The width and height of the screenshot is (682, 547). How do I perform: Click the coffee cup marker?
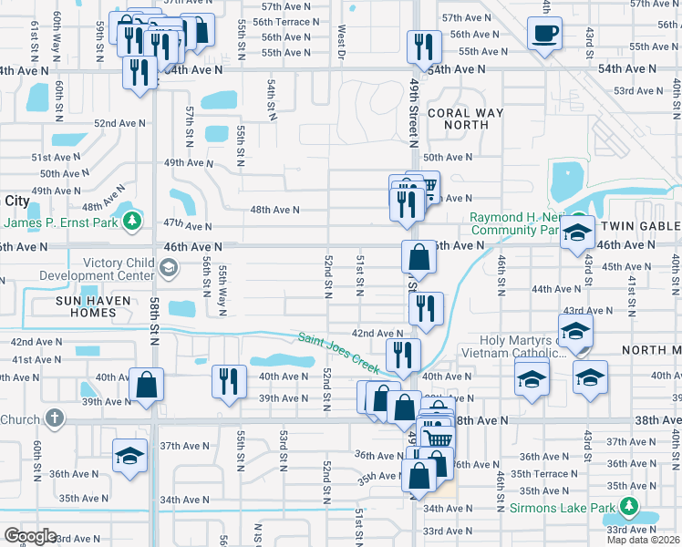(x=545, y=35)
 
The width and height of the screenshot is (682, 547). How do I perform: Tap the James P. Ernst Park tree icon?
(x=132, y=221)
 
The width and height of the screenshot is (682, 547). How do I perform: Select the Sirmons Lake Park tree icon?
(x=628, y=507)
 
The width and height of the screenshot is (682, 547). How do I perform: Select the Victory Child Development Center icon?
(x=168, y=267)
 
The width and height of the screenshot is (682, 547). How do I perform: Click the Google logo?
(x=29, y=536)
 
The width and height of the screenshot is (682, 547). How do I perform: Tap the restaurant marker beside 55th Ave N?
(x=423, y=46)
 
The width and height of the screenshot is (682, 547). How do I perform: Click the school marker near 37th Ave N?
(x=130, y=455)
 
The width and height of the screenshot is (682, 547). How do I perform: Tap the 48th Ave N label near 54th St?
(x=274, y=210)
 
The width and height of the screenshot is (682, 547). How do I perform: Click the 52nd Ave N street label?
(x=118, y=123)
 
